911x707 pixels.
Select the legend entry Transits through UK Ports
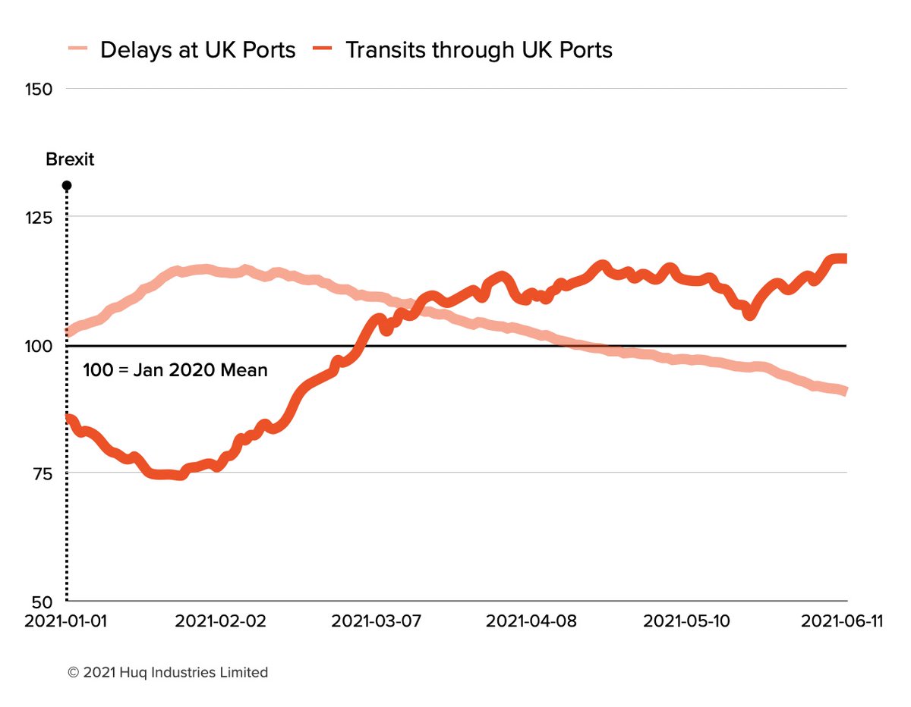tap(478, 50)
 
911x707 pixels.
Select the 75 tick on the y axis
tap(43, 473)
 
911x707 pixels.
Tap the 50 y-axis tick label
tap(43, 600)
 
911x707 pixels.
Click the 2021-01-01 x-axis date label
tap(67, 621)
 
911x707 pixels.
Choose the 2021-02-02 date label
tap(220, 621)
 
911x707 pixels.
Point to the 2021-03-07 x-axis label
tap(377, 621)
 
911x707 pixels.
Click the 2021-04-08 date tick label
tap(531, 621)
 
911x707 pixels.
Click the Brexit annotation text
tap(70, 160)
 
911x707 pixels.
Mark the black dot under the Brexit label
tap(67, 186)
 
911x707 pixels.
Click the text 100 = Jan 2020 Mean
tap(175, 372)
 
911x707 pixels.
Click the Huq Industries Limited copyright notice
tap(167, 672)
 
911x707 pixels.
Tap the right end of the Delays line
tap(845, 391)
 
